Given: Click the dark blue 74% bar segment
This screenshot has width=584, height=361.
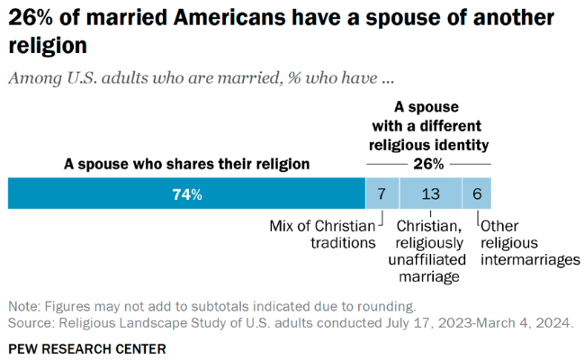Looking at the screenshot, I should coord(185,194).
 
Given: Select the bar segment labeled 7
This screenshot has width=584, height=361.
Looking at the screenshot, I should coord(382,194).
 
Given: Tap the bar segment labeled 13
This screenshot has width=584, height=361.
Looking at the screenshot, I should coord(430,194).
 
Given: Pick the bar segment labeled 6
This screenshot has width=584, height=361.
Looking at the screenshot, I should coord(476,194).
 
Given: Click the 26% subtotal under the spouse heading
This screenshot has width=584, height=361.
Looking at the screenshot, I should coord(428,164).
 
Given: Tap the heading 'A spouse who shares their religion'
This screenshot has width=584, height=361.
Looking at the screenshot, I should coord(186,164).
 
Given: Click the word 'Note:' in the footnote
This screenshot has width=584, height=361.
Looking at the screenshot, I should coord(24,305).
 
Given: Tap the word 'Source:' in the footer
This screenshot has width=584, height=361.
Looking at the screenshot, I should coord(31,321).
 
